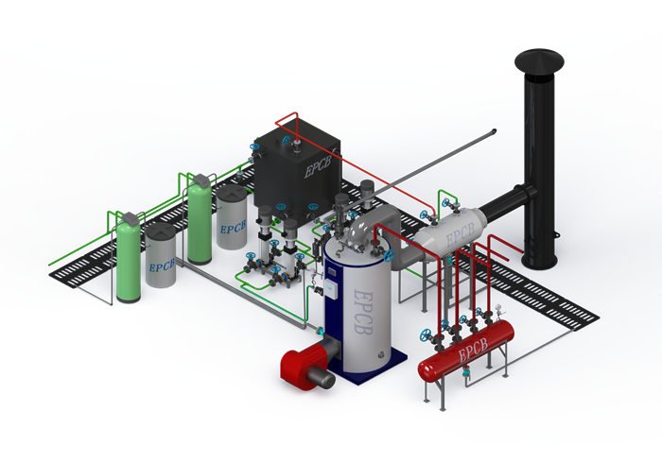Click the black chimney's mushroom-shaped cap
tap(539, 63)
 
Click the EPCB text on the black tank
tap(318, 168)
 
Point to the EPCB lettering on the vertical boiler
tap(362, 312)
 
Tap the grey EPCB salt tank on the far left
tap(161, 256)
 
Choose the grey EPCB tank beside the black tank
tap(232, 217)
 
